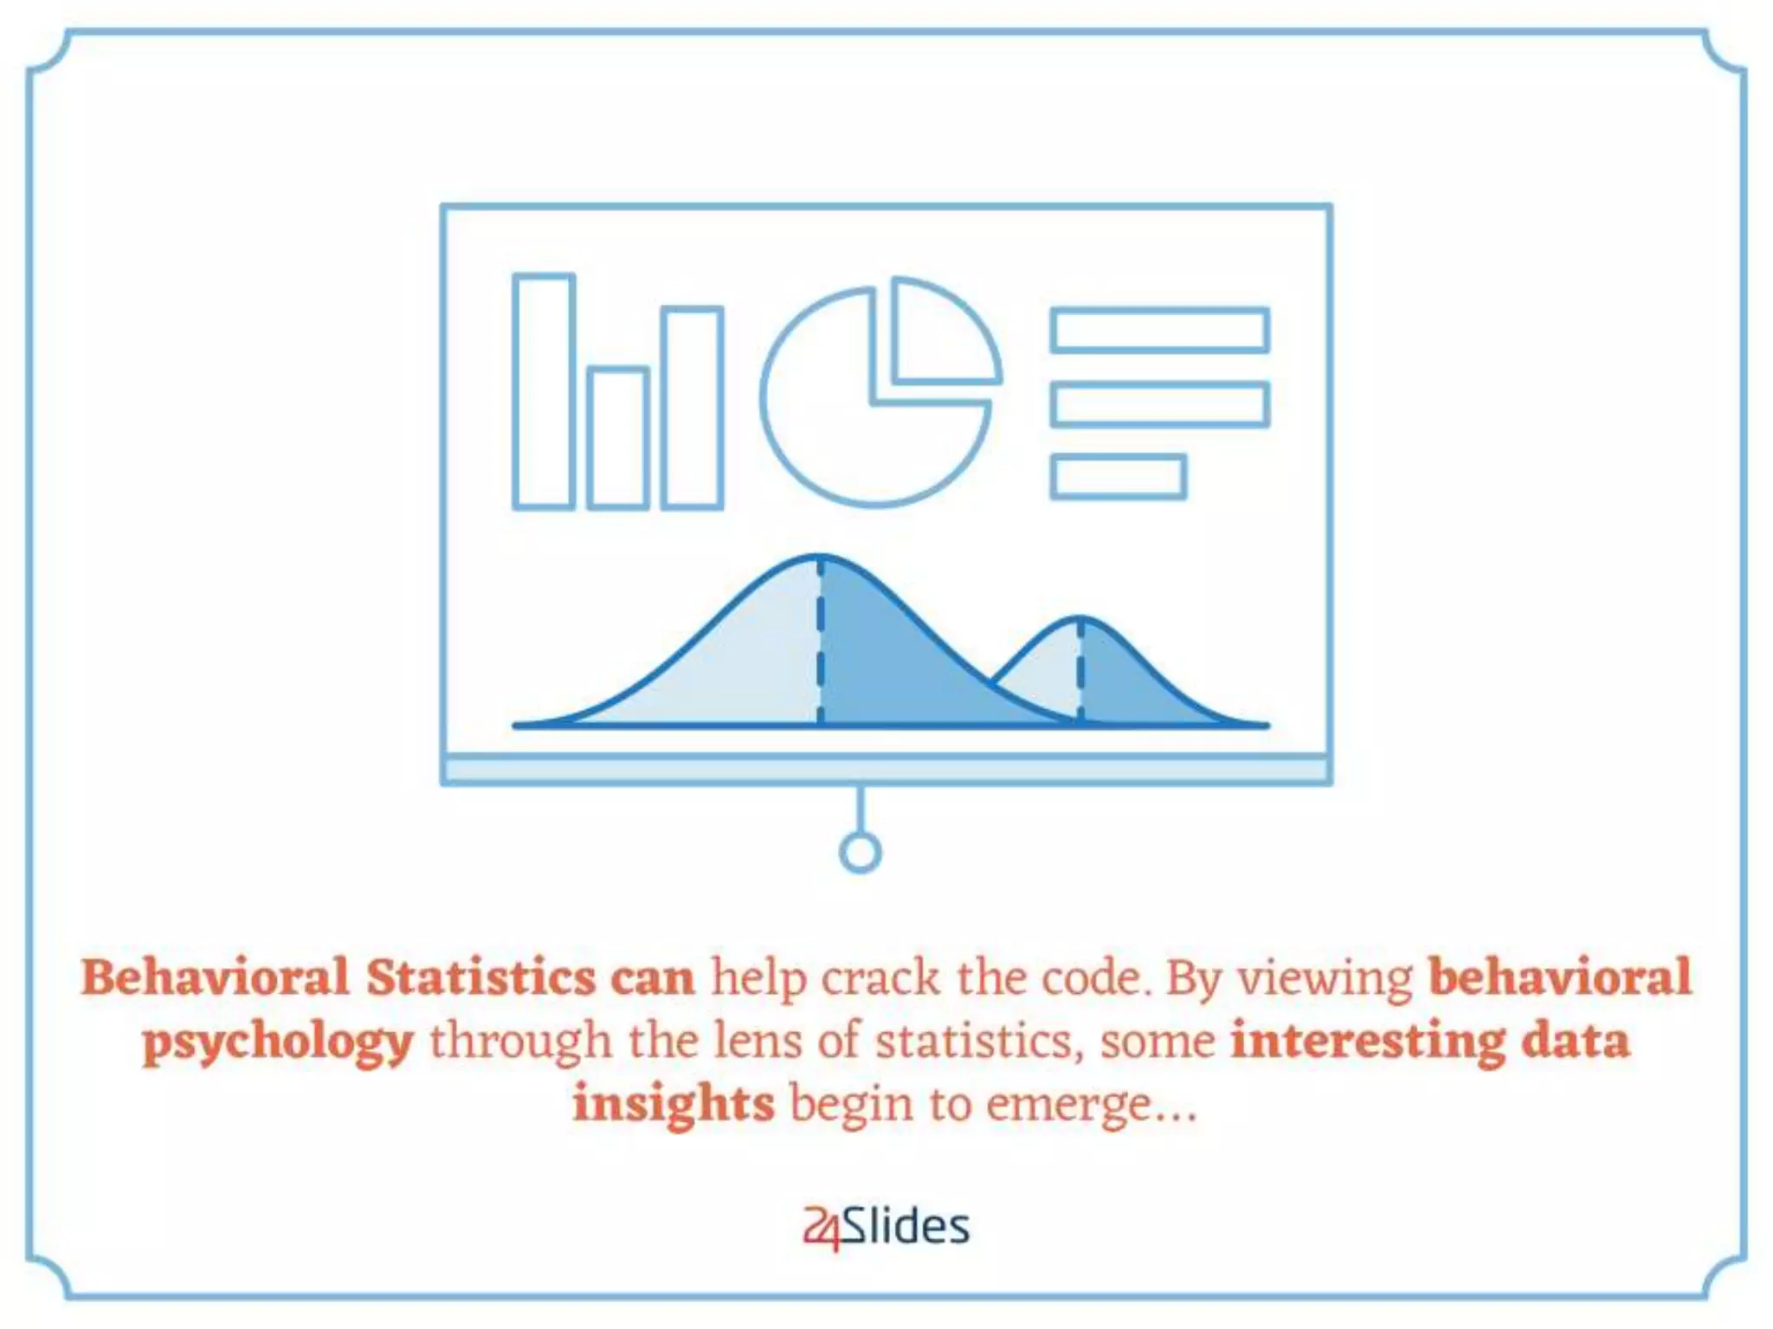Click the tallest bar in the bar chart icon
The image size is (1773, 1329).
click(544, 391)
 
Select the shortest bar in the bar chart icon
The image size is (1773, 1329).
click(617, 438)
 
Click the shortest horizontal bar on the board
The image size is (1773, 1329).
click(1118, 476)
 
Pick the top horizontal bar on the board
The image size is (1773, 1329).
click(1159, 330)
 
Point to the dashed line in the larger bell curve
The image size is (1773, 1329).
click(820, 641)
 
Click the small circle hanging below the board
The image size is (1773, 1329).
click(860, 852)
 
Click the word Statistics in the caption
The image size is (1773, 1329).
click(480, 978)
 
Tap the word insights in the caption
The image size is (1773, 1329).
click(673, 1105)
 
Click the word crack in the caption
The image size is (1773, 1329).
click(880, 978)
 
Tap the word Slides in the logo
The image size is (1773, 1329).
click(906, 1226)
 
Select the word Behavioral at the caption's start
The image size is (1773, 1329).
click(215, 978)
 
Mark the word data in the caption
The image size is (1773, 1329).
click(1576, 1042)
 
